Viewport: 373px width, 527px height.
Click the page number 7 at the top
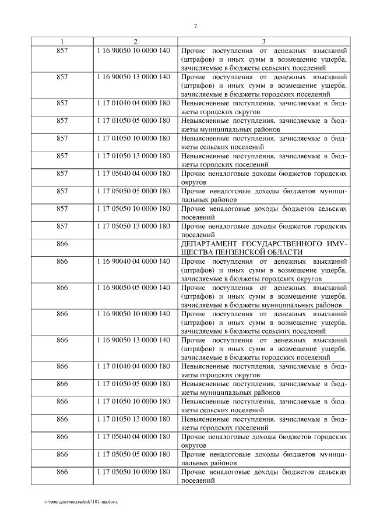(196, 26)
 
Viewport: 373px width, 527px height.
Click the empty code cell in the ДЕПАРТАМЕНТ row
(135, 247)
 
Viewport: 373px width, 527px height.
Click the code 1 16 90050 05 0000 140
(135, 288)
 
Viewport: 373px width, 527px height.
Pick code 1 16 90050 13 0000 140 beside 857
(135, 77)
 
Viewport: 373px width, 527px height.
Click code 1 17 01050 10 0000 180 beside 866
(135, 401)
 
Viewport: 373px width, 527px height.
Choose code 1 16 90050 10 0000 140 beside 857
(135, 51)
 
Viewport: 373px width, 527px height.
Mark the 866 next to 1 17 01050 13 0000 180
(62, 419)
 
